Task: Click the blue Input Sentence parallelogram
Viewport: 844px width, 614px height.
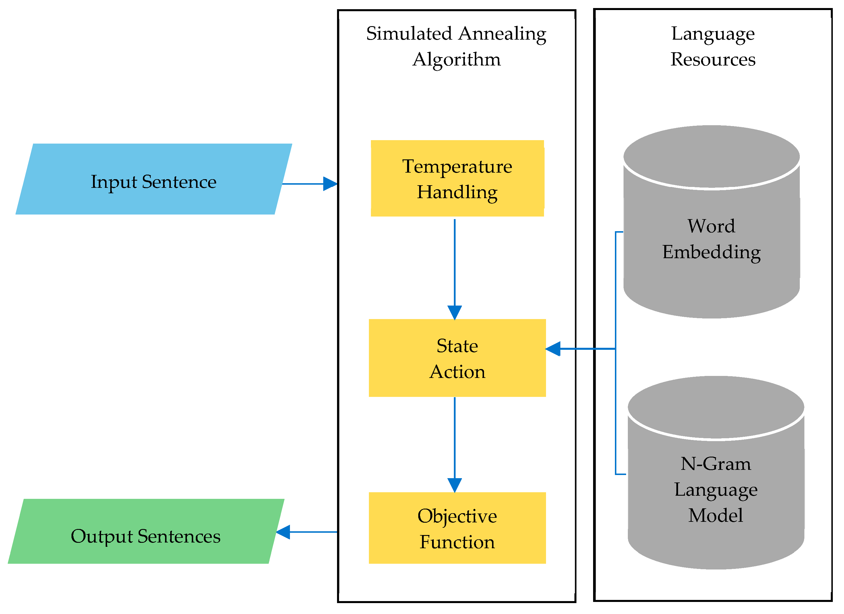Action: pos(154,179)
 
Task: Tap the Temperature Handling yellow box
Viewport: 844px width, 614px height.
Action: pos(457,178)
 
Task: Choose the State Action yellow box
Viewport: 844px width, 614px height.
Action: pos(457,358)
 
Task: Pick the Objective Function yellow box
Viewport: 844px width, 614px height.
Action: pos(457,528)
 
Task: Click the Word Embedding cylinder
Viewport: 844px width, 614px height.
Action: pos(712,238)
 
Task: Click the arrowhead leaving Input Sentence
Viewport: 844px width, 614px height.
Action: pos(330,184)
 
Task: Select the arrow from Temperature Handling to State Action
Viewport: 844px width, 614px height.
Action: pos(455,268)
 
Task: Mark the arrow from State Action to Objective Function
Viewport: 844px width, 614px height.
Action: pos(455,443)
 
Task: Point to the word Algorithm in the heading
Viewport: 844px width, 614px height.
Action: pos(457,59)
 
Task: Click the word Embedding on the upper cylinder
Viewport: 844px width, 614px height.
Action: pos(712,252)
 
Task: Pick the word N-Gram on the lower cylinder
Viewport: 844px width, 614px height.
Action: pos(716,464)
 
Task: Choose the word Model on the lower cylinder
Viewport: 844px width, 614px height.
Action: pos(716,515)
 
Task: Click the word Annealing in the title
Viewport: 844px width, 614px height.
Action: pos(502,34)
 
